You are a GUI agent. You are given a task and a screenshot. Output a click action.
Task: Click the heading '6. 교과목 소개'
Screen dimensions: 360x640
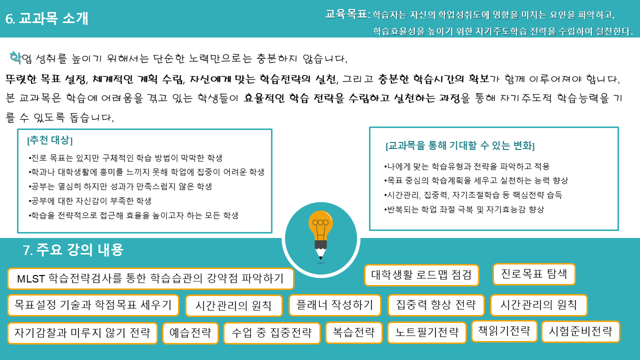[47, 18]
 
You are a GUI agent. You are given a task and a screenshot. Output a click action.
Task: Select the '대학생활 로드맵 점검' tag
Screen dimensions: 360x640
[421, 275]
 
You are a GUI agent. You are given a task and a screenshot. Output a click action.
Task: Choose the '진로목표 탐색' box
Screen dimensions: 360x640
[534, 274]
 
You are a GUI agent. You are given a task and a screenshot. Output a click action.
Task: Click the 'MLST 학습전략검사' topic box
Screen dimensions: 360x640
[150, 278]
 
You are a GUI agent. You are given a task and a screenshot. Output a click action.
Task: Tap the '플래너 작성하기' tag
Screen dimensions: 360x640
[334, 305]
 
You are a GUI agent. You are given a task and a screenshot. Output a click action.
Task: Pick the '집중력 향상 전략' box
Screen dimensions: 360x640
[435, 305]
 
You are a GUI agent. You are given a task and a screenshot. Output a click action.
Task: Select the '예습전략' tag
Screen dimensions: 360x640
[190, 333]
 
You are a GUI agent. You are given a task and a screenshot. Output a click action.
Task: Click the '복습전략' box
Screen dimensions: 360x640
[353, 332]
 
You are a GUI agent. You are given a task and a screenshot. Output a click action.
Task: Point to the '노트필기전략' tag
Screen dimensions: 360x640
[426, 332]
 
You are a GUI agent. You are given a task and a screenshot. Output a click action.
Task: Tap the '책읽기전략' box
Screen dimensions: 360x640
[504, 331]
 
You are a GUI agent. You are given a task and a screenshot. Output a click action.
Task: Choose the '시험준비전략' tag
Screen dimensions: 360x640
[580, 331]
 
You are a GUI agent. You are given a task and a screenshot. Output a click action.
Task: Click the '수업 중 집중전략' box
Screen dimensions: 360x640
[271, 333]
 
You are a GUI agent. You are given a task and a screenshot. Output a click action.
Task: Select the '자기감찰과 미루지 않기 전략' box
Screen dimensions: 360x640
[82, 333]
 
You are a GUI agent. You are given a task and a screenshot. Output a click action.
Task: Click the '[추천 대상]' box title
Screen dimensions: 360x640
[50, 140]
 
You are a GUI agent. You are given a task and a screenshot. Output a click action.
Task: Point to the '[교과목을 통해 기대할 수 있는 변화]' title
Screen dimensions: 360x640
[460, 146]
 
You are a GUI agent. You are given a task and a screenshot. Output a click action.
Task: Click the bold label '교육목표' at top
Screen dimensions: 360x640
[346, 14]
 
